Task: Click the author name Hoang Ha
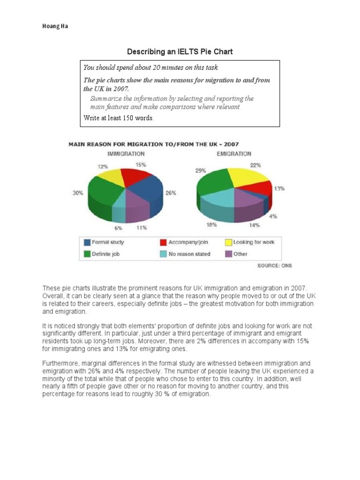(55, 27)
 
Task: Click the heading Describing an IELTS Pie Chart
(180, 52)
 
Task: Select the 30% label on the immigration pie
(78, 193)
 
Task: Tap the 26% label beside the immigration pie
(170, 193)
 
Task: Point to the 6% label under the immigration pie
(118, 228)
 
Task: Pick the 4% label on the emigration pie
(273, 217)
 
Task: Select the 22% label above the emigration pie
(255, 165)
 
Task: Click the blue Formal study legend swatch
(86, 242)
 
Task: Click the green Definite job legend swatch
(86, 254)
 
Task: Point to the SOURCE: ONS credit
(275, 266)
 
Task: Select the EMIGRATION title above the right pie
(234, 154)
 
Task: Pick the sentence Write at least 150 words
(118, 118)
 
